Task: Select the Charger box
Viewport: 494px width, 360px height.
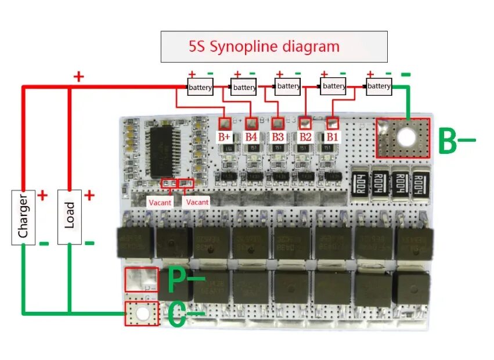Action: [x=24, y=216]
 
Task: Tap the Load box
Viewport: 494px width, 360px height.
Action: [x=70, y=216]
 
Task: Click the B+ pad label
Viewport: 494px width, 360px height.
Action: [x=225, y=137]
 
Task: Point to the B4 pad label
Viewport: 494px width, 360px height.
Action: [x=251, y=137]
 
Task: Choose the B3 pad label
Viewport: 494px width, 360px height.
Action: [x=278, y=137]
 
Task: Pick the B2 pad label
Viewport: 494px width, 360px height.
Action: [x=305, y=137]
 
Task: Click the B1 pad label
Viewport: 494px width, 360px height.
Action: [x=332, y=137]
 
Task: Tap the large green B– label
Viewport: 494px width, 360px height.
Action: [x=455, y=140]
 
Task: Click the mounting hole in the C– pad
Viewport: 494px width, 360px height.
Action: [x=142, y=314]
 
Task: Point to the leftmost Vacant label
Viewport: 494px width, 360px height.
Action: [x=160, y=202]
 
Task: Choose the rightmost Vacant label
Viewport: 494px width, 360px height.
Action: [x=197, y=202]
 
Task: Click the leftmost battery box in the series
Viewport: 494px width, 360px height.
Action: [x=200, y=87]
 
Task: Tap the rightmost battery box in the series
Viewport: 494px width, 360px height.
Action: [x=379, y=87]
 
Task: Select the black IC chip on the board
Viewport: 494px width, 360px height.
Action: [x=164, y=152]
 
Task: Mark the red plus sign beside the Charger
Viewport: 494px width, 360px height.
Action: [x=42, y=196]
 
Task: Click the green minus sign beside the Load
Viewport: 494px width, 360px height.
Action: [x=89, y=242]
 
